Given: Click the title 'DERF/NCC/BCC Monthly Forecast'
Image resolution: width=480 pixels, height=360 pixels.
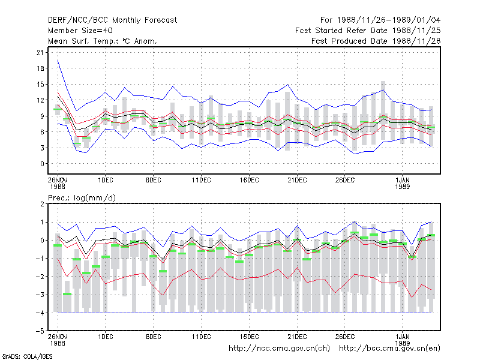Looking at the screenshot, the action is click(x=112, y=20).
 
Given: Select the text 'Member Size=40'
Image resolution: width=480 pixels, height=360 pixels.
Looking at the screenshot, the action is click(x=80, y=31).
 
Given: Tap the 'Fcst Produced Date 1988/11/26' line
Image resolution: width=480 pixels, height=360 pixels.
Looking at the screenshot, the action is click(x=376, y=41).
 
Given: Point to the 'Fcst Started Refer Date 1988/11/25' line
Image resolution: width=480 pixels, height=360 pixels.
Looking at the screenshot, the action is click(x=368, y=31).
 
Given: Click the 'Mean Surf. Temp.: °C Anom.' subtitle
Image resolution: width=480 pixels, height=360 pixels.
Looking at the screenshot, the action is click(x=103, y=41).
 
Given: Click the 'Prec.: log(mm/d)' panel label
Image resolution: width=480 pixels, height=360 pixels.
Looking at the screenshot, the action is click(x=82, y=198).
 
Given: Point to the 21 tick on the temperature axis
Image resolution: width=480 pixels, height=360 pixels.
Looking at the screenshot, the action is click(x=40, y=52).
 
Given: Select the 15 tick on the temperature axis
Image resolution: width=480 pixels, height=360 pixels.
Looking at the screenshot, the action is click(x=40, y=84).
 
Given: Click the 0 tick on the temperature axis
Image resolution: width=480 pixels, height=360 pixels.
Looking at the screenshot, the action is click(x=42, y=164).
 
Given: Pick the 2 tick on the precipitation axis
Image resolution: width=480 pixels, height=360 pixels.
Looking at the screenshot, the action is click(x=42, y=204).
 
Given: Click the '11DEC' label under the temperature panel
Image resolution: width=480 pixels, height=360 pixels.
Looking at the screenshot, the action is click(x=201, y=180).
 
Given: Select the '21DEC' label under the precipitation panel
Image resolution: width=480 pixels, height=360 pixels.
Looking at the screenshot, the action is click(x=297, y=337).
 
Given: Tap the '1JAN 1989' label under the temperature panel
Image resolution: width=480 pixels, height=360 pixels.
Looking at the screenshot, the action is click(x=402, y=183).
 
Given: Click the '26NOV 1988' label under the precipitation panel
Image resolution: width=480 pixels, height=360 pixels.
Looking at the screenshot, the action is click(x=58, y=340).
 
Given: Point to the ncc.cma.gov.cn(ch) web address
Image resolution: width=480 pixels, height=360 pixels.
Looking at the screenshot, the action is click(x=279, y=349).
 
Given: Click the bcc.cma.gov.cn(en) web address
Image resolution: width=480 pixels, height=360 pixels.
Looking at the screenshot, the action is click(x=389, y=349).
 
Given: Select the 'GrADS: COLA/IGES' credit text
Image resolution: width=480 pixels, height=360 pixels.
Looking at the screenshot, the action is click(x=27, y=356).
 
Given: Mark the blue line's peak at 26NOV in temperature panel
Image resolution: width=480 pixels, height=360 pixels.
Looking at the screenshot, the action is click(x=58, y=60).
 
